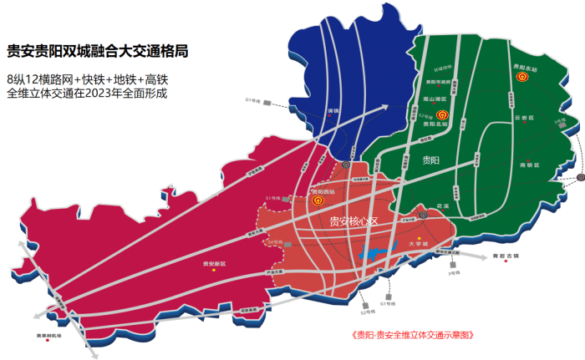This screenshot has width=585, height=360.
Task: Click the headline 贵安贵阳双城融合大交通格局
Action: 96,51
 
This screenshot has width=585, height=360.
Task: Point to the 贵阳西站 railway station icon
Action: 318,200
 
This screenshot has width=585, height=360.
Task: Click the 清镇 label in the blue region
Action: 334,110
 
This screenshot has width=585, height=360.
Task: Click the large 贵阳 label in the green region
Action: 430,159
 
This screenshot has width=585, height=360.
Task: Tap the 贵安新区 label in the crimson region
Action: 216,262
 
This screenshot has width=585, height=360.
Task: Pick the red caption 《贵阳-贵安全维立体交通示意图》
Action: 414,336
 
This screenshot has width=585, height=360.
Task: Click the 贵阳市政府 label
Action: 438,82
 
